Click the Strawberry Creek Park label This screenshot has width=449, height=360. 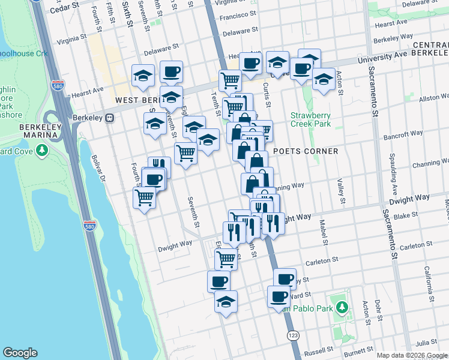tap(310, 119)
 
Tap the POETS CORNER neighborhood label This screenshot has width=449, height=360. tap(306, 151)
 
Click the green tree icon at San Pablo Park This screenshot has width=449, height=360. tap(342, 308)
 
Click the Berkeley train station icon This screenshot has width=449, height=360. tap(110, 118)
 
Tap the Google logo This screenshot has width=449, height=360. tap(20, 353)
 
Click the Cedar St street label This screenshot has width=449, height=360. tap(65, 7)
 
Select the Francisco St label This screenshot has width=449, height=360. tap(238, 16)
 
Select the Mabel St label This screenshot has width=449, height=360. tap(324, 233)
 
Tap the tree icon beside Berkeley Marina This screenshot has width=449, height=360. tap(41, 150)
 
